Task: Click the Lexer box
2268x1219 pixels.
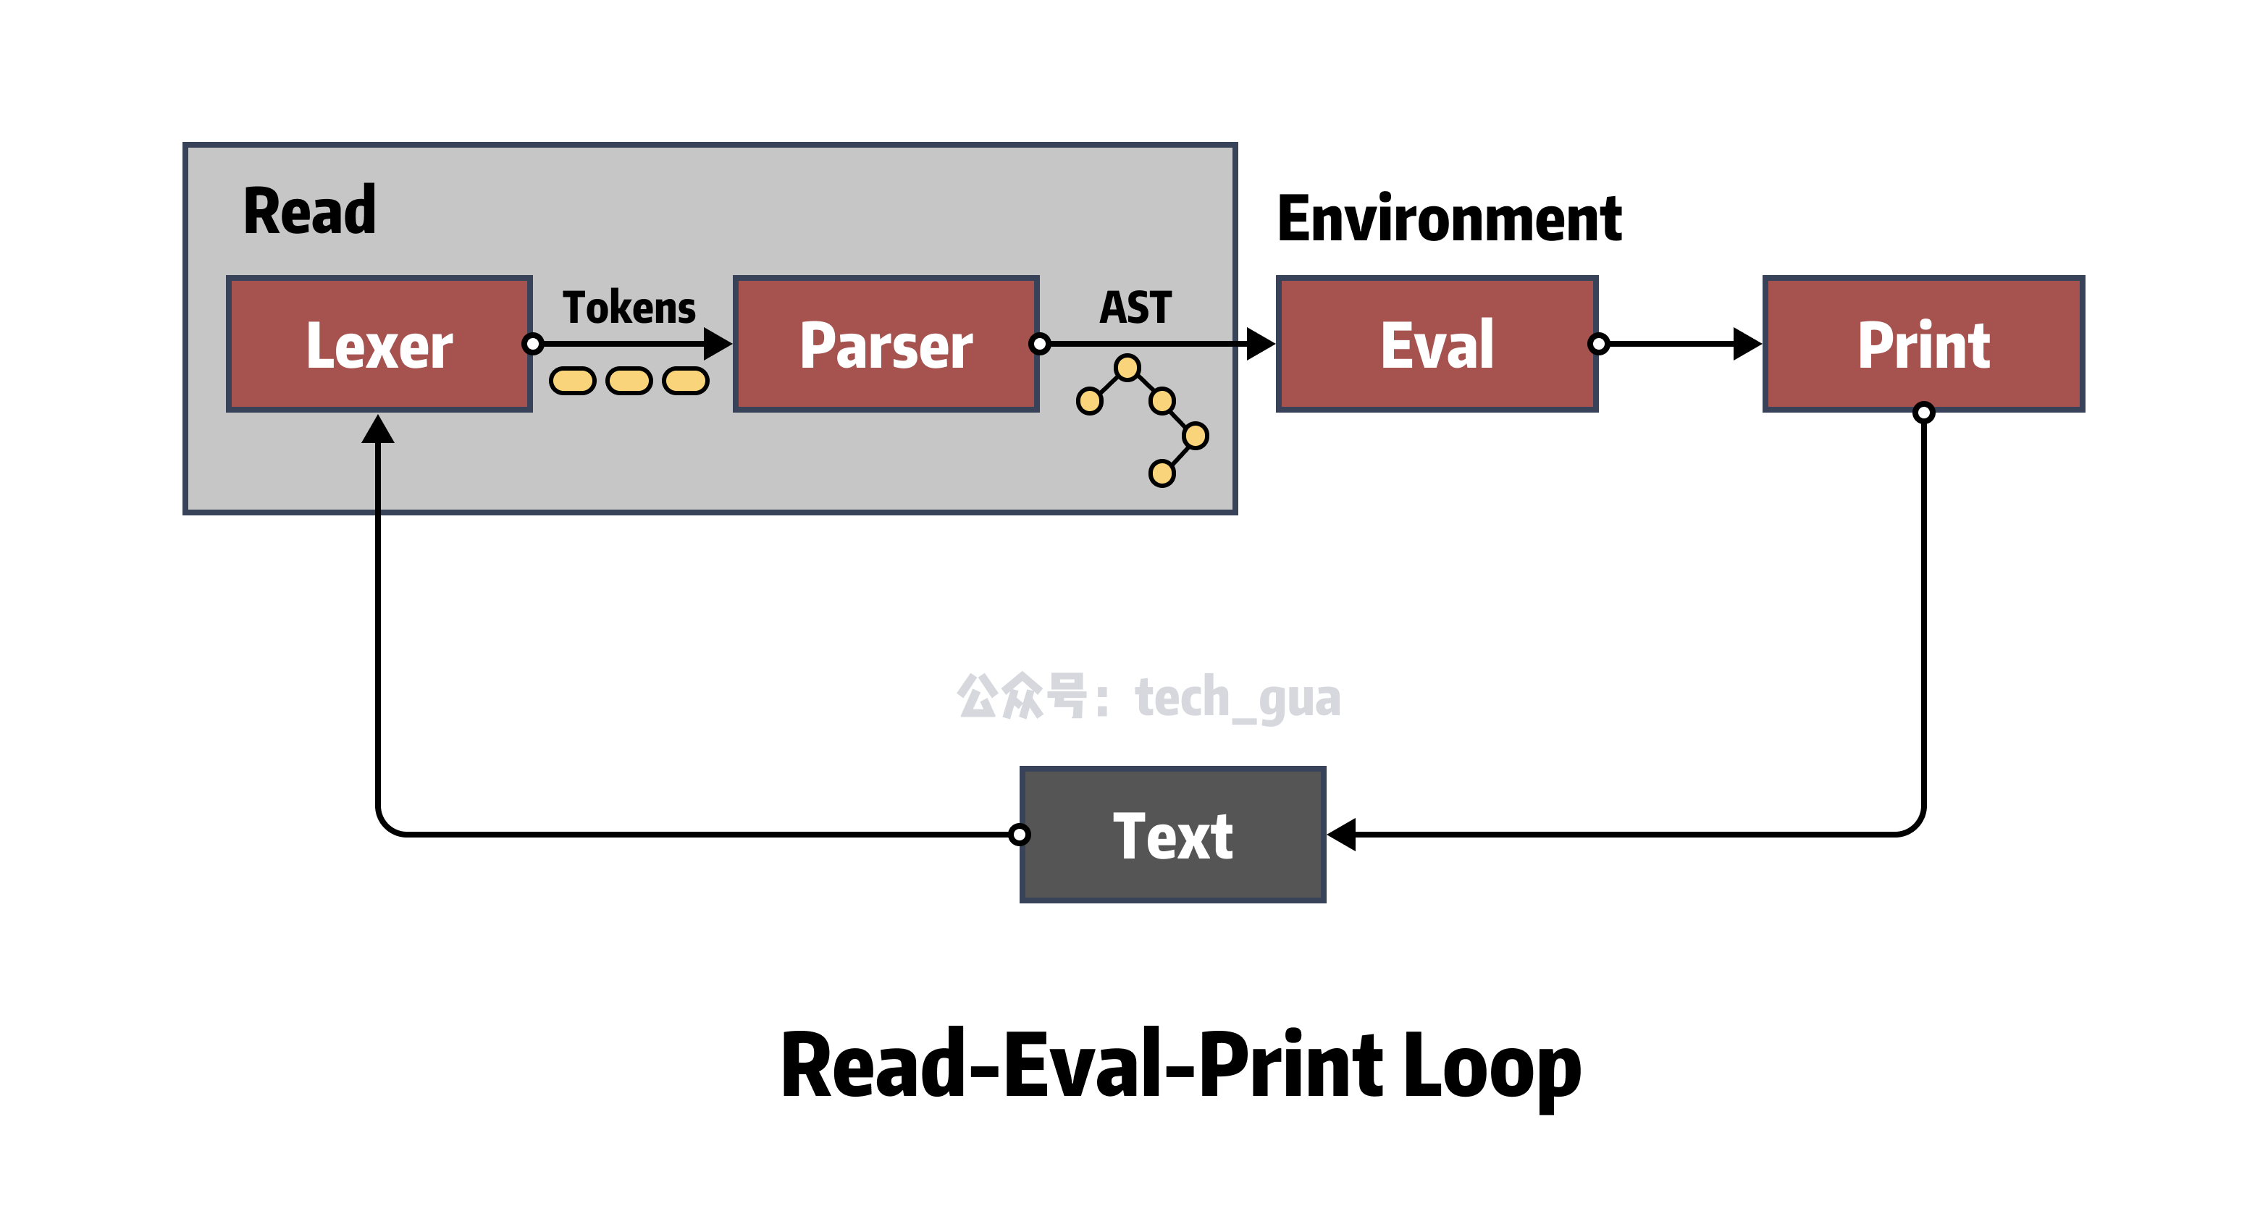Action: point(379,344)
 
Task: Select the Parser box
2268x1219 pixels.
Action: point(886,344)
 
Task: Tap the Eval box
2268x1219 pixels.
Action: point(1436,344)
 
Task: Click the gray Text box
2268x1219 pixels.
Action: point(1172,835)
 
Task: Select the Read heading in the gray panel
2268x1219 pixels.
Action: point(309,211)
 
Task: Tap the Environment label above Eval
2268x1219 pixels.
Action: point(1450,219)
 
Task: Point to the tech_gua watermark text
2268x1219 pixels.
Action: point(1237,698)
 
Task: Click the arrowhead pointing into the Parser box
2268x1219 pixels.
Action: point(718,343)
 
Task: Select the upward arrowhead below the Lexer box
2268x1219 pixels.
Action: point(378,429)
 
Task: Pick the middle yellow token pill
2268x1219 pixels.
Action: point(629,381)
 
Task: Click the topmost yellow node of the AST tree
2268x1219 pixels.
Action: point(1127,367)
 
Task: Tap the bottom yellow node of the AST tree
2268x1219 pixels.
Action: point(1162,473)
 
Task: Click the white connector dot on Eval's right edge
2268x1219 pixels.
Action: point(1597,344)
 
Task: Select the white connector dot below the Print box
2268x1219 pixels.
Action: point(1924,411)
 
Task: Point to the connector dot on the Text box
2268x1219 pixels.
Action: point(1020,835)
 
